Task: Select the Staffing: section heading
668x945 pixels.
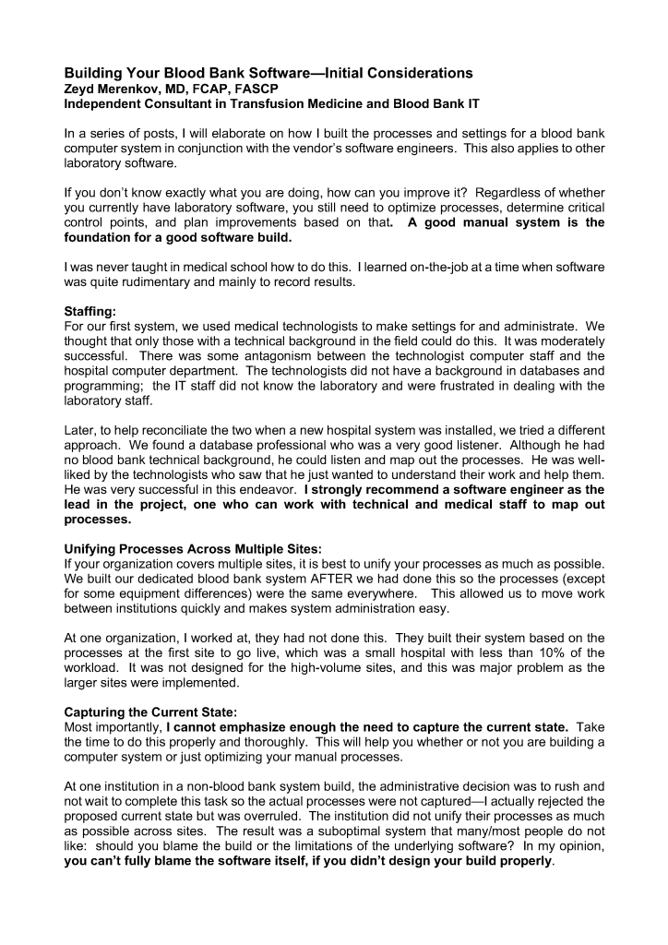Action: point(91,312)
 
